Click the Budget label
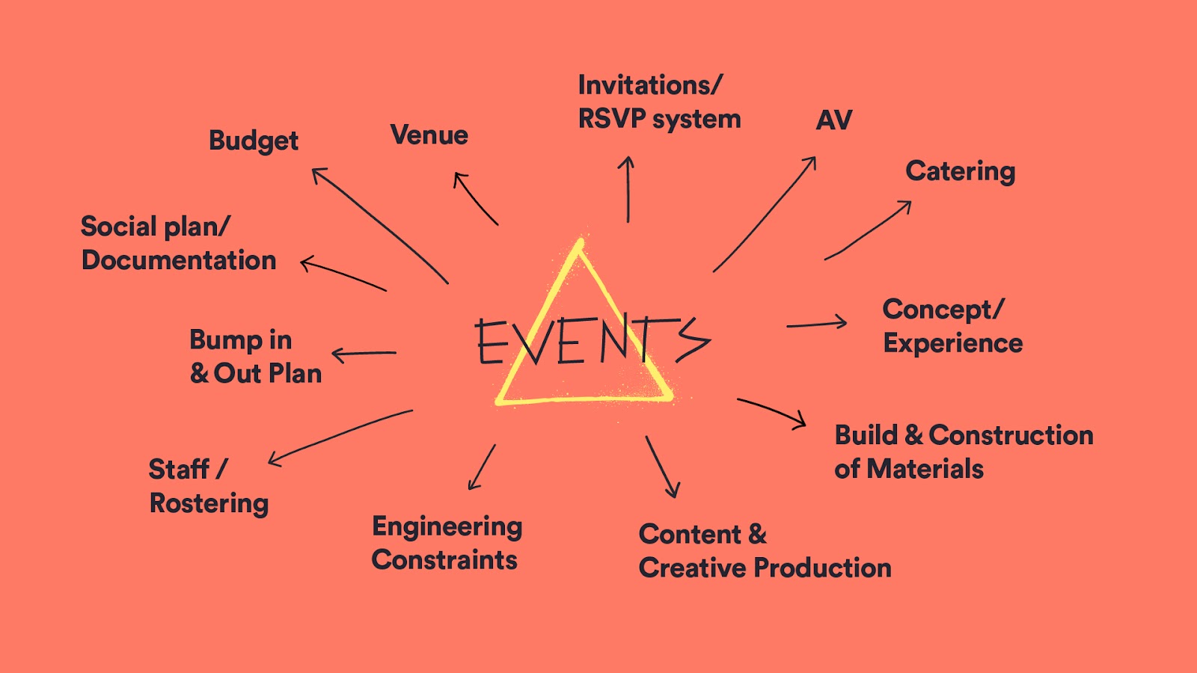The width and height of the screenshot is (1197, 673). point(253,141)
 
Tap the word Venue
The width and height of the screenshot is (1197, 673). point(429,135)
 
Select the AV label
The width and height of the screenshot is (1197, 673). point(834,120)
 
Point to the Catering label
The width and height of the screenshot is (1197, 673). point(960,172)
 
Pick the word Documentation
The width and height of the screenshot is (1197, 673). point(179,260)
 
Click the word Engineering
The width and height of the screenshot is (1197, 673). point(447,527)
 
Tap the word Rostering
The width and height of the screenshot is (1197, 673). point(209,504)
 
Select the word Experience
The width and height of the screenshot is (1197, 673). point(952,343)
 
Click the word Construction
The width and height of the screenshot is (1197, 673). point(1011,435)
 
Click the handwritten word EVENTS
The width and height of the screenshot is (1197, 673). point(591,340)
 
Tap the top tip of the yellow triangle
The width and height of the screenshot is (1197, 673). point(579,242)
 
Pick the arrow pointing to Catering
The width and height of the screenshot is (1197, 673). point(868,231)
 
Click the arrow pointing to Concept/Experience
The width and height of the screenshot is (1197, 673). point(816,324)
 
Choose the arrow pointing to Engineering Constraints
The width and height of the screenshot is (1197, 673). point(482,467)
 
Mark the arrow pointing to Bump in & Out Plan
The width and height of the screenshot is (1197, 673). point(364,353)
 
